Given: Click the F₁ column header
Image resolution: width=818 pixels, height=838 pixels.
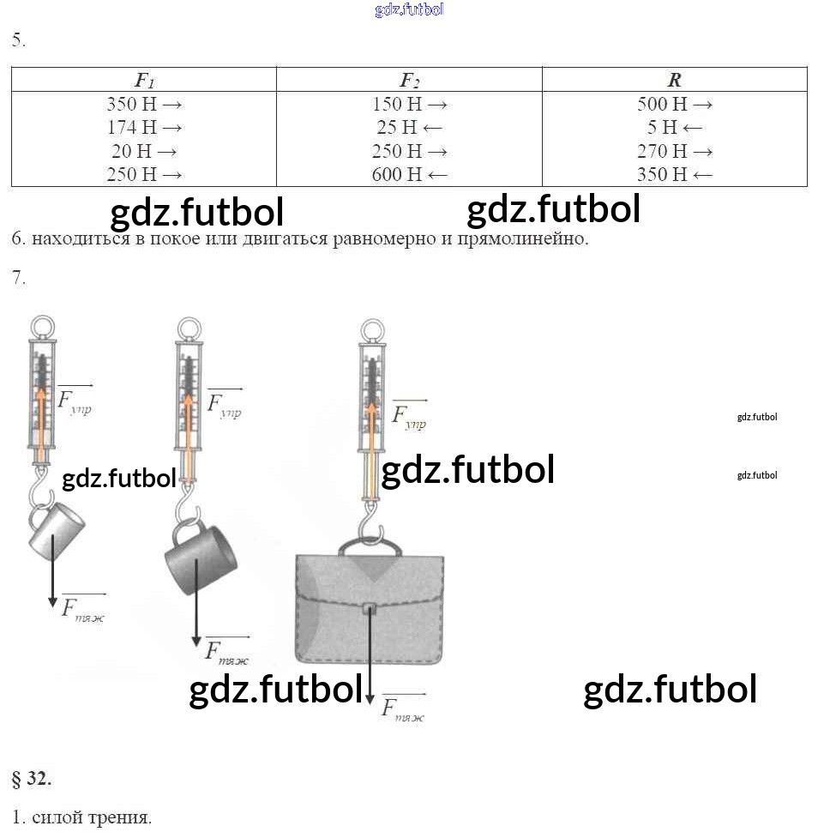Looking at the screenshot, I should pos(144,81).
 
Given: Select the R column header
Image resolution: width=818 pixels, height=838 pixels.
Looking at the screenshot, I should pos(674,81).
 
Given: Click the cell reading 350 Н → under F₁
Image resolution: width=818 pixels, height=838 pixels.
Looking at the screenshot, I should pos(144,105).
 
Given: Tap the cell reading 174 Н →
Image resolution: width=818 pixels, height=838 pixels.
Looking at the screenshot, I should pos(144,128).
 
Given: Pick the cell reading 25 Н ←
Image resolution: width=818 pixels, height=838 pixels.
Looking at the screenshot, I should pos(409,128).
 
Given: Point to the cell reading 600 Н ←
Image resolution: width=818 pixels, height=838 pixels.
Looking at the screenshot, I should pos(409,174).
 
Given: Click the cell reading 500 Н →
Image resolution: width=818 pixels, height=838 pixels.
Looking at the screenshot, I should pos(674,105).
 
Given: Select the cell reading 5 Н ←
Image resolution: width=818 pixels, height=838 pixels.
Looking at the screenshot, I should pos(674,128).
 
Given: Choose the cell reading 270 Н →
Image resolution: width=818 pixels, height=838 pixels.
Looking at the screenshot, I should pos(674,151).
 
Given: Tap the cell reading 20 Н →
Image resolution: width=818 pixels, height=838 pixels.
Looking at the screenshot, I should pos(144,151).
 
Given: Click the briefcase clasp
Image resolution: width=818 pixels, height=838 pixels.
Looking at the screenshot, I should pos(370,610).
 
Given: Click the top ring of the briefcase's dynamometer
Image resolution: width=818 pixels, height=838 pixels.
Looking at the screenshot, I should pos(370,330).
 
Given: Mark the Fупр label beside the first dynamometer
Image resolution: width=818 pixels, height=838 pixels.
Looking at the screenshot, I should pos(75,401).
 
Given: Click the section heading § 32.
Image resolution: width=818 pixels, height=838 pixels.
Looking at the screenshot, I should pos(32,779).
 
